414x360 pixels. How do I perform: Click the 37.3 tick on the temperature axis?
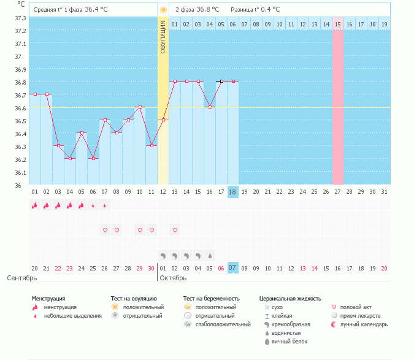[20, 18]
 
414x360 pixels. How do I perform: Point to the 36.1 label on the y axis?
[20, 172]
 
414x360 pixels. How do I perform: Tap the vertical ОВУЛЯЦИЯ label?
[163, 37]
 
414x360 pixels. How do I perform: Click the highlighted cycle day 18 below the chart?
[232, 192]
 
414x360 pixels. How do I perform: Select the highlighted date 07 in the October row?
[232, 268]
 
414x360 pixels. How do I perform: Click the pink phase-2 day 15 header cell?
[338, 24]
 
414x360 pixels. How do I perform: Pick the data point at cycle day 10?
[140, 107]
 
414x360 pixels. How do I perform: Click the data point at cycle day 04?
[70, 158]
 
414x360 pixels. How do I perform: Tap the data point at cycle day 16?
[210, 107]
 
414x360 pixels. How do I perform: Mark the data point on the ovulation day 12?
[163, 120]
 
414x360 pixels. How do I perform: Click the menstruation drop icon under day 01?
[35, 206]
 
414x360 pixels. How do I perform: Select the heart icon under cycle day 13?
[175, 230]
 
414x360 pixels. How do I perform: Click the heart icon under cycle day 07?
[105, 230]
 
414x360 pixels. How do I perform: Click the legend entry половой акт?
[356, 307]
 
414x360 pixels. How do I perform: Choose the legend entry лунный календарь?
[364, 324]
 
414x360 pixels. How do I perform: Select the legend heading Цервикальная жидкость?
[290, 298]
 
